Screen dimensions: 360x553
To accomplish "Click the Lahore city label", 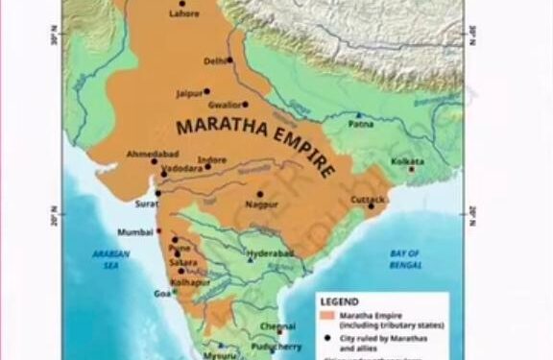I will pos(183,14).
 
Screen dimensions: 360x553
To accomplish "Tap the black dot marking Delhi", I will pos(229,60).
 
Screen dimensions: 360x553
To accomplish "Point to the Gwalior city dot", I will pos(246,104).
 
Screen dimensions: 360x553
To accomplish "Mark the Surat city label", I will pos(146,204).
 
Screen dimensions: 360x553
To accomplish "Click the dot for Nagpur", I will pos(259,194).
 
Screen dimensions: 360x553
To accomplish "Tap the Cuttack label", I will pos(369,200).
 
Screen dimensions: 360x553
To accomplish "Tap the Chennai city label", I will pos(277,326).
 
